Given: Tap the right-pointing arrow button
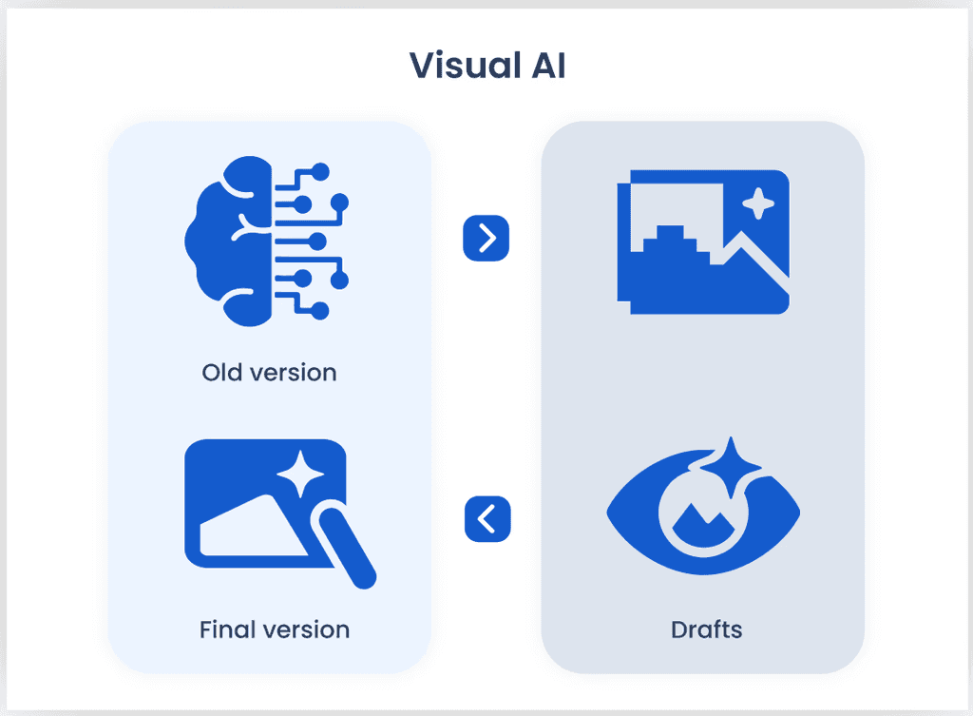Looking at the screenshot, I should [x=486, y=238].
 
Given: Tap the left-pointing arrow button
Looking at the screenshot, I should [x=487, y=519].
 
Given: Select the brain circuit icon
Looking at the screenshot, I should [x=266, y=242].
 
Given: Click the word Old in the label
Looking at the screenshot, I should [x=220, y=372].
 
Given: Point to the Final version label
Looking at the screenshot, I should [x=274, y=629].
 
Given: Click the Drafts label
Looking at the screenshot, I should [x=706, y=629].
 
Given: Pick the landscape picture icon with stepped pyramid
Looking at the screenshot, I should [x=703, y=242].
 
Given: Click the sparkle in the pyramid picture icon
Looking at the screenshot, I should [x=757, y=203].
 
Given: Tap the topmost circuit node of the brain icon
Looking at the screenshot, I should [x=320, y=171].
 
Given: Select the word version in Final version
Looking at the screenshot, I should [x=302, y=629].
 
